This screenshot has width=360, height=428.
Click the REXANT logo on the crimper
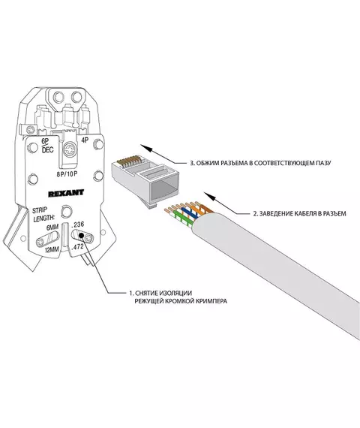click(66, 193)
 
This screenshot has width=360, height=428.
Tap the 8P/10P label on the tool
click(67, 174)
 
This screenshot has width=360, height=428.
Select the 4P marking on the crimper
click(85, 140)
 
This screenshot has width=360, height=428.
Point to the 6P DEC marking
click(47, 146)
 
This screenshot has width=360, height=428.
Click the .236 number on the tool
click(78, 225)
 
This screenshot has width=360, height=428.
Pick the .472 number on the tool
click(77, 247)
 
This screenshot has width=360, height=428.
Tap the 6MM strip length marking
click(52, 228)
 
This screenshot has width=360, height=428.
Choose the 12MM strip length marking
click(52, 249)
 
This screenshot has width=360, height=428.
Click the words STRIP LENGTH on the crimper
click(43, 214)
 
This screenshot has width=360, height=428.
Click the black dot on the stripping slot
click(81, 236)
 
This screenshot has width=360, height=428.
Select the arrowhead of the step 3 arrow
click(146, 148)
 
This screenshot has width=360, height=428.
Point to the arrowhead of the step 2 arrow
click(210, 196)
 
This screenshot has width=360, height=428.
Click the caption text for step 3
click(260, 163)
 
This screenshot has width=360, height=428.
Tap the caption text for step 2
click(300, 213)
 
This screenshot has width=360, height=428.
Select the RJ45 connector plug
click(145, 181)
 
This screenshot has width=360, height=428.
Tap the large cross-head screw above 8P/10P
click(70, 150)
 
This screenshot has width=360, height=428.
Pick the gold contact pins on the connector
click(128, 161)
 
